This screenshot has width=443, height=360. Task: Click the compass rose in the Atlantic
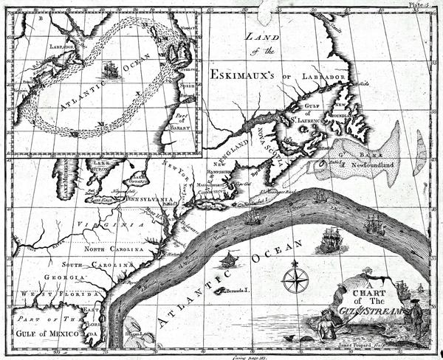click(x=295, y=280)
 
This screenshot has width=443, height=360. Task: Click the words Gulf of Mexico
click(x=46, y=332)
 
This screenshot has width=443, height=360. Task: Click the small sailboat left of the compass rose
click(x=230, y=260)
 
